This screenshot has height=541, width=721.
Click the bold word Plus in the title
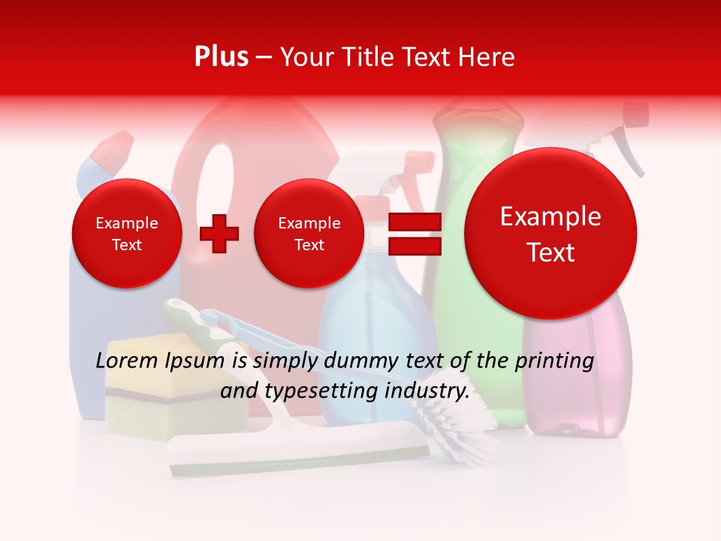pos(222,57)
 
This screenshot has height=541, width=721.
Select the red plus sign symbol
pos(219,234)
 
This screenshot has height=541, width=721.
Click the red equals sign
pos(415,234)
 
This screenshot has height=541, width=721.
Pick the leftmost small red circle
pos(126,234)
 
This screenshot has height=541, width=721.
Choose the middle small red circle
pos(309,234)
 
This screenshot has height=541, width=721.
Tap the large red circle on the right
pos(551,234)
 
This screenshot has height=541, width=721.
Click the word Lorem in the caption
pos(124,361)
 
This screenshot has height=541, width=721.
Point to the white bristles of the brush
pos(458,421)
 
